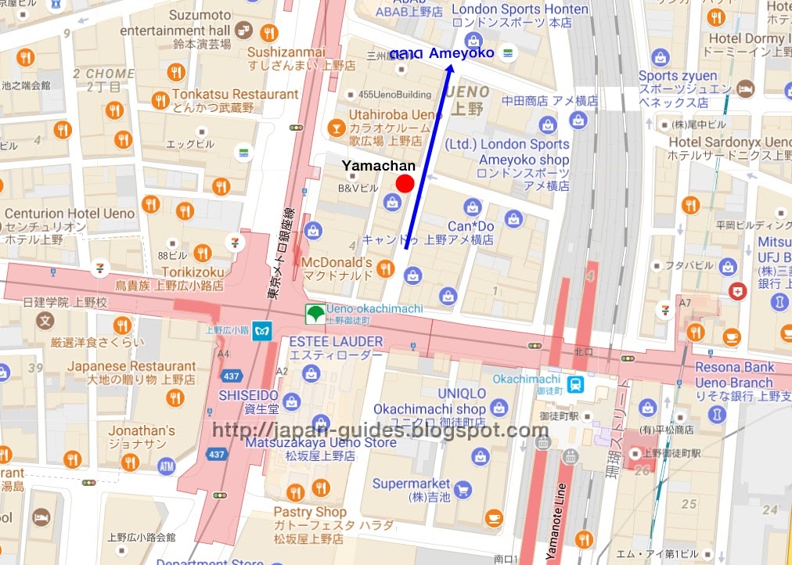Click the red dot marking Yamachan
[x=405, y=184]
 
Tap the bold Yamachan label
[x=378, y=166]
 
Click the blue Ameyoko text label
[x=462, y=53]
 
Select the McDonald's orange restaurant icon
[x=385, y=269]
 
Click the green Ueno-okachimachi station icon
[x=314, y=314]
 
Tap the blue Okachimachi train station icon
[x=575, y=383]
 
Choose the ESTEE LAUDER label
[x=336, y=342]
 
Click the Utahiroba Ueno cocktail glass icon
[x=335, y=127]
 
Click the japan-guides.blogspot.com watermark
[x=380, y=430]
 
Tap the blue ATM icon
[x=166, y=466]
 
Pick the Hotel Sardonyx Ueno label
[x=729, y=142]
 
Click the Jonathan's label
[x=142, y=430]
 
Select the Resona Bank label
[x=734, y=367]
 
